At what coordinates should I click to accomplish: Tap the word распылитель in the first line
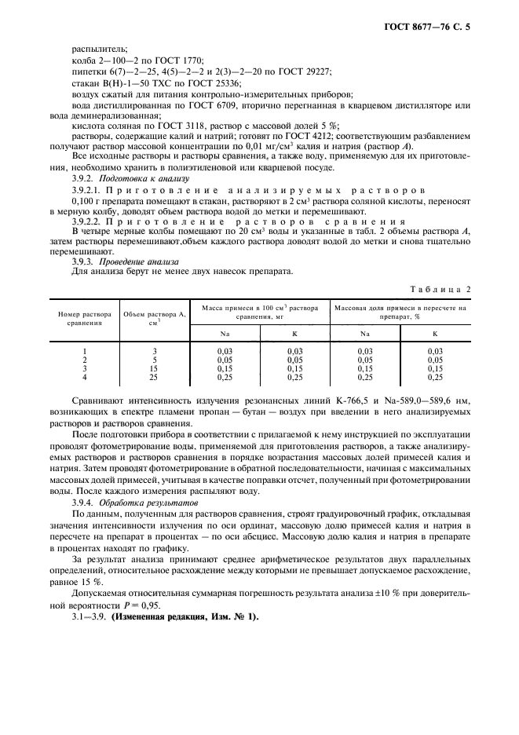coord(93,49)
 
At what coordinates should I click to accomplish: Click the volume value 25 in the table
coord(155,378)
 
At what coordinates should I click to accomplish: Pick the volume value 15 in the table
coord(155,369)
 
